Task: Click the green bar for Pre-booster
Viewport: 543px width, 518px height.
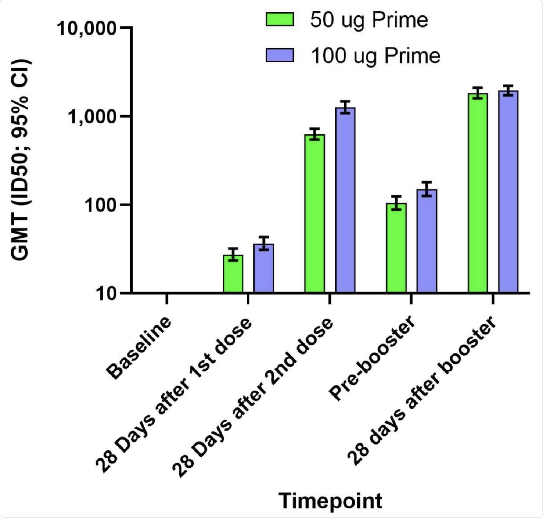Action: [x=396, y=248]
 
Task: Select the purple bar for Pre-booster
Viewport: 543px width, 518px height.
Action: [x=427, y=241]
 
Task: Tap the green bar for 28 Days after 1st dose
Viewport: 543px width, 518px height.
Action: [x=233, y=274]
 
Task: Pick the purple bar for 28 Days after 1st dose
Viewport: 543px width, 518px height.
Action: [x=263, y=268]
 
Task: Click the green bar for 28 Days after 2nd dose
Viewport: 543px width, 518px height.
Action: [x=314, y=213]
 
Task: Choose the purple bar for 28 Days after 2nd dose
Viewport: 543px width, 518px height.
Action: [x=345, y=200]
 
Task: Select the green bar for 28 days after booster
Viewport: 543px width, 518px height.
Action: [x=478, y=193]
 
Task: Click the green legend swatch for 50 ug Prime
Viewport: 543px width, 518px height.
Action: [x=280, y=19]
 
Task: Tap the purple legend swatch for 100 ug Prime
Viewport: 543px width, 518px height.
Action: [x=280, y=55]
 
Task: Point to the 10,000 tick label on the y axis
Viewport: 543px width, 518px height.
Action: [x=87, y=28]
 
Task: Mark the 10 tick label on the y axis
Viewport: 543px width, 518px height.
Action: [x=107, y=294]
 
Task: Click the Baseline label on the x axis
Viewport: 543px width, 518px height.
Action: [x=139, y=348]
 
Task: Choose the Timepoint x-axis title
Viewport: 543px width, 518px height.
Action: [x=330, y=501]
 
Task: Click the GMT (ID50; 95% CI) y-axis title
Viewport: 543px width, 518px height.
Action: [x=20, y=160]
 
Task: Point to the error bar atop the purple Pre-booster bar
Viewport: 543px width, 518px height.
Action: [x=427, y=189]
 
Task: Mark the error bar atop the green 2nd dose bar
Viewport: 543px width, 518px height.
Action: [x=314, y=134]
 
